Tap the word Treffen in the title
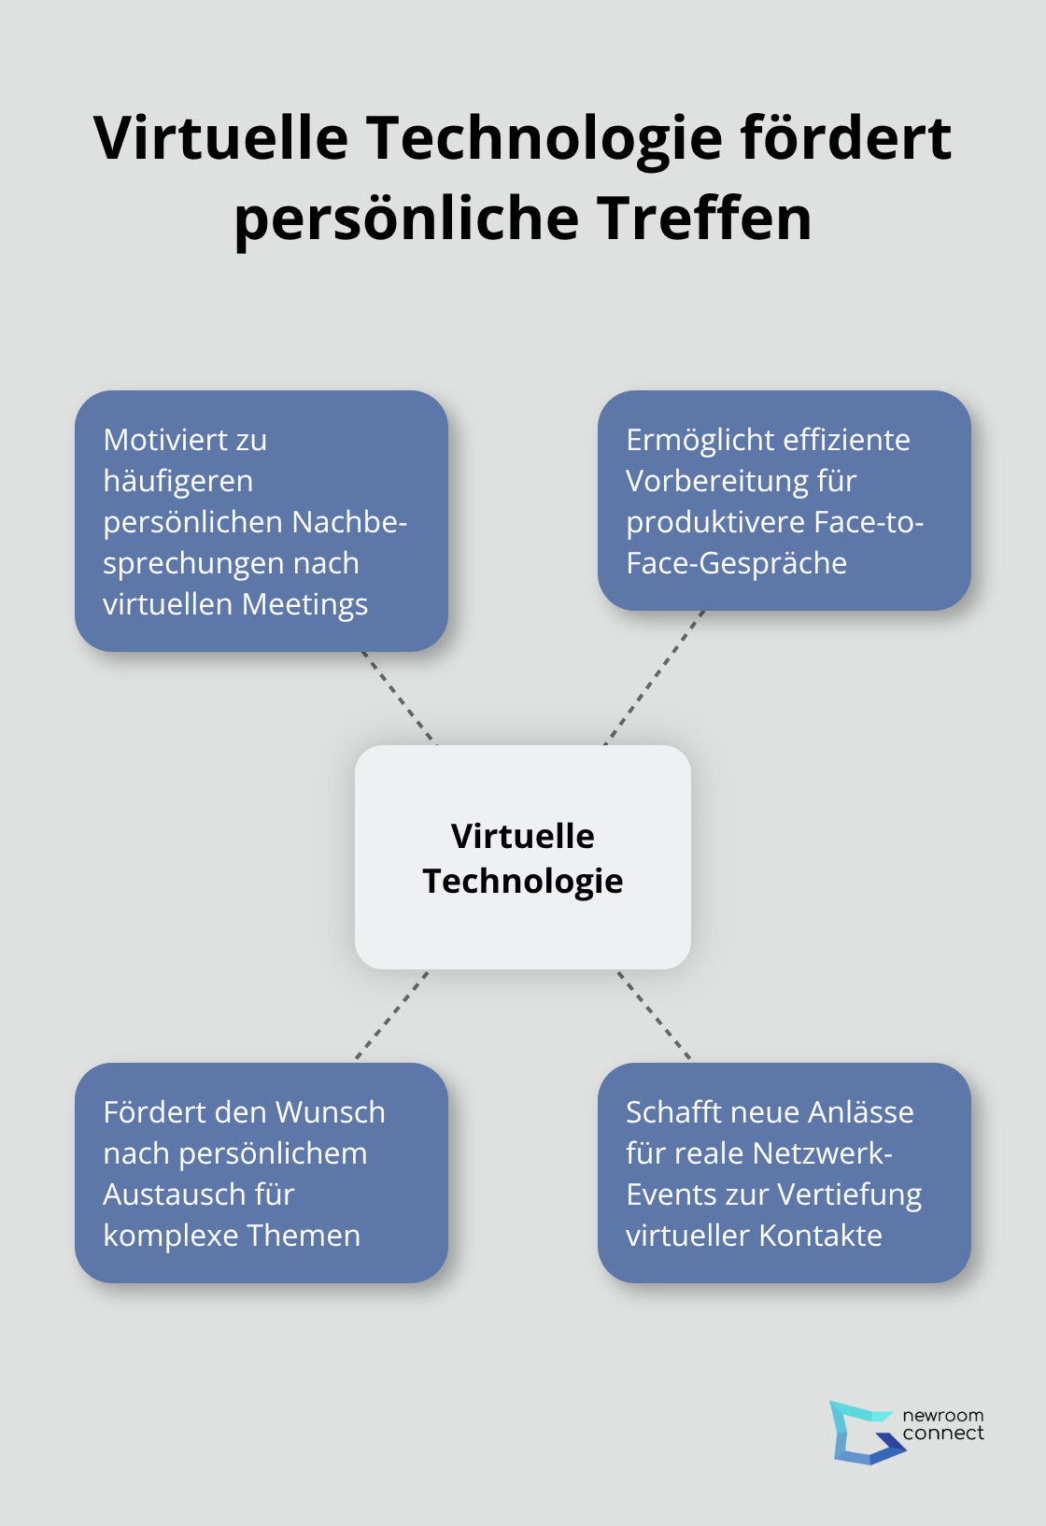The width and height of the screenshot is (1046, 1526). click(704, 218)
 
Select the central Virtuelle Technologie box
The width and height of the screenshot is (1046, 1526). click(523, 857)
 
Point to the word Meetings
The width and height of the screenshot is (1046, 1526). click(304, 605)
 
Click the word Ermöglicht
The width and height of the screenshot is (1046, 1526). click(691, 440)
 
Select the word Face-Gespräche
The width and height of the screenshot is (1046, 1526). click(736, 563)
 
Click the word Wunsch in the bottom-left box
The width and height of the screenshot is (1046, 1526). click(331, 1112)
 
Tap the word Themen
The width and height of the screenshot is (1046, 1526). click(304, 1236)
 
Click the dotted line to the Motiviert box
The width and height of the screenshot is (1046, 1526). click(398, 698)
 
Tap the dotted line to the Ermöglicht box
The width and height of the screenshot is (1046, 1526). click(654, 677)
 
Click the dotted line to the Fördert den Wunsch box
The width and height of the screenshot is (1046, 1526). click(392, 1016)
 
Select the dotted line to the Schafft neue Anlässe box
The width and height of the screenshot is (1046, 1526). click(654, 1016)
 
